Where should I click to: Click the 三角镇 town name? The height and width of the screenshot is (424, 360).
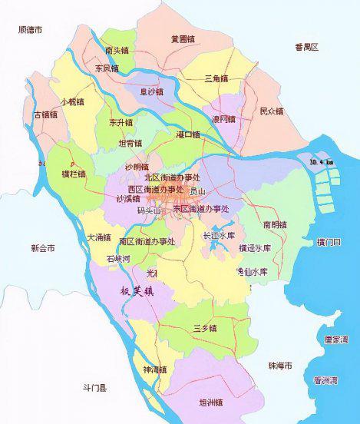(x=217, y=78)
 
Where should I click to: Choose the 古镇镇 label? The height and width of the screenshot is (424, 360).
(x=45, y=115)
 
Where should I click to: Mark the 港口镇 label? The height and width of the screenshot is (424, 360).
(x=187, y=135)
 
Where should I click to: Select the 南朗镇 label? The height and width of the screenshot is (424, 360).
(x=275, y=225)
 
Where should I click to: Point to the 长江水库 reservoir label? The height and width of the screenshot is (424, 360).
(x=218, y=236)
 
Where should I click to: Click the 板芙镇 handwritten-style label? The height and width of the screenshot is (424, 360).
(x=138, y=291)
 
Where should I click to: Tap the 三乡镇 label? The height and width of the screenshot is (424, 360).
(x=205, y=328)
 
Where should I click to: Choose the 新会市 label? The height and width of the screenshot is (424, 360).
(x=43, y=249)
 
